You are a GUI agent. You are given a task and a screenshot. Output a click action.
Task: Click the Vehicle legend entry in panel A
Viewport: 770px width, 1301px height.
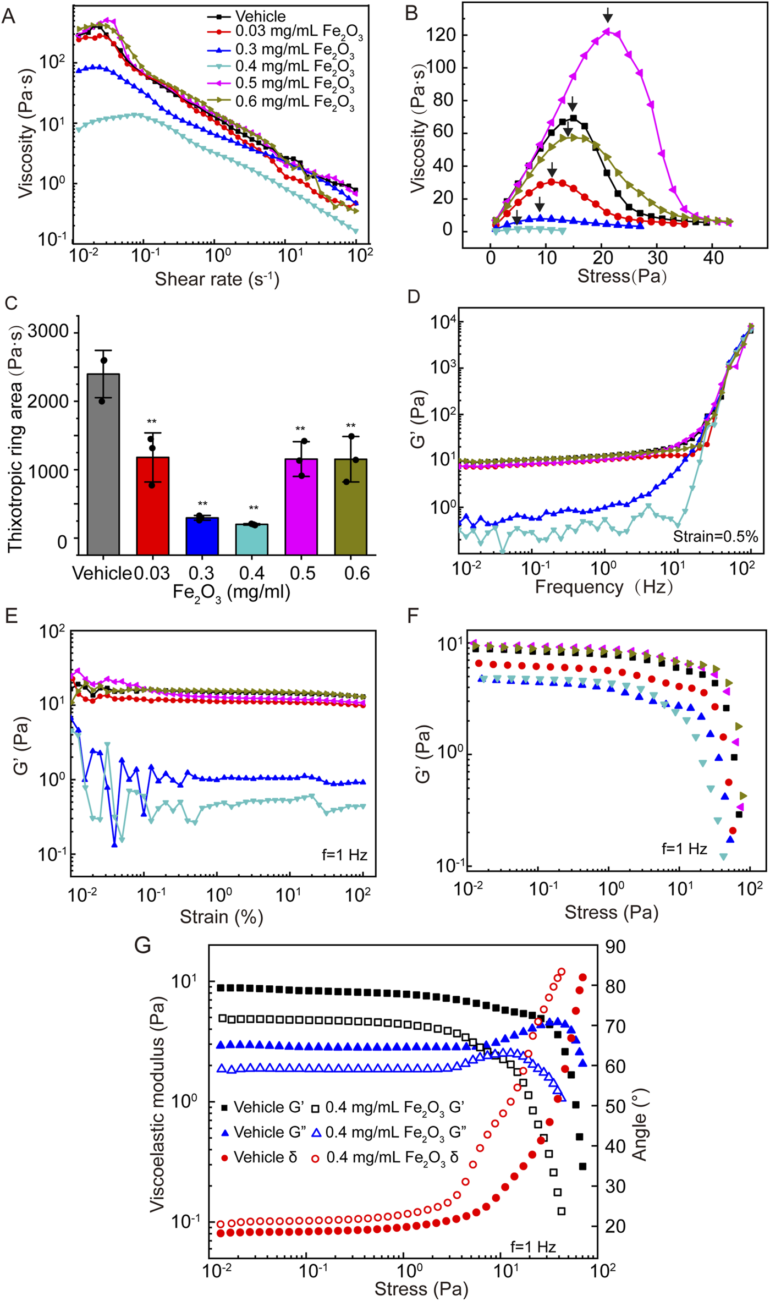tap(260, 16)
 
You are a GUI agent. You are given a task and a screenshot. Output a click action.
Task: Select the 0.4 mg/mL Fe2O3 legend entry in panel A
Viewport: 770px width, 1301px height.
tap(294, 67)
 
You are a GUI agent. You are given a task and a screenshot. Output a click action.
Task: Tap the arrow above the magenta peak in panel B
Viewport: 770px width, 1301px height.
tap(607, 15)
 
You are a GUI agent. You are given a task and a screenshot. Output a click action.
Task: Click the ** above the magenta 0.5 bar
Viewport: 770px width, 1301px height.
tap(300, 429)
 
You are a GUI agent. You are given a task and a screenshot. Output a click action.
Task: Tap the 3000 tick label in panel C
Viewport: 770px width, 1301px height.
tap(48, 332)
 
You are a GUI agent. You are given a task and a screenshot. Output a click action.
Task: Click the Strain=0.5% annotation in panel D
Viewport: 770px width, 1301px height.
tap(715, 536)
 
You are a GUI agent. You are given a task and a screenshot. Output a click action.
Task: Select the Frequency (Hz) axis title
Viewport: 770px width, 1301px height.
tap(603, 587)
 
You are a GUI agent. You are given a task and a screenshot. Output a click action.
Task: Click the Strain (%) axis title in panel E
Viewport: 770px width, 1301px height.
tap(222, 916)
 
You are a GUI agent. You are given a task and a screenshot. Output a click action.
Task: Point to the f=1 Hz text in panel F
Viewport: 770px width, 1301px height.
tap(684, 849)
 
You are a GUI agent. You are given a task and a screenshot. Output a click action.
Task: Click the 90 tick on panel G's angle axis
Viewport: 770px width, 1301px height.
tap(615, 947)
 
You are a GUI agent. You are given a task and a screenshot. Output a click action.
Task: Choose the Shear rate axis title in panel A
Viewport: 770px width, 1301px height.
tap(217, 279)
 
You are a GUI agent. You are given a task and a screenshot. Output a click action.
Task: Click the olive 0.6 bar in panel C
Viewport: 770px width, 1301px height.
tap(351, 506)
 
